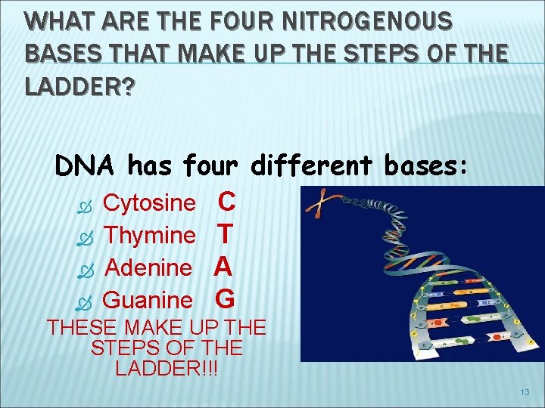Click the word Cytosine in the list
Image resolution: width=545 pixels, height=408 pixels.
point(149,202)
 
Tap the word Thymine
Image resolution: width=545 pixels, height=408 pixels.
point(150,235)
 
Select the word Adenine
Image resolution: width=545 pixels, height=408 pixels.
point(148,267)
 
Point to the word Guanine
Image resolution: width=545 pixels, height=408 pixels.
point(148,300)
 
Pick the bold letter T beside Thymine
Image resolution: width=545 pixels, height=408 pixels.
point(224,234)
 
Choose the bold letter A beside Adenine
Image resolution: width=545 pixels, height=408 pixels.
point(223,267)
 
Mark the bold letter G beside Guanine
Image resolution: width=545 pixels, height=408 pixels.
point(225,299)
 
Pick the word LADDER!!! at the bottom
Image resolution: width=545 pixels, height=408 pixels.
point(166,369)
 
